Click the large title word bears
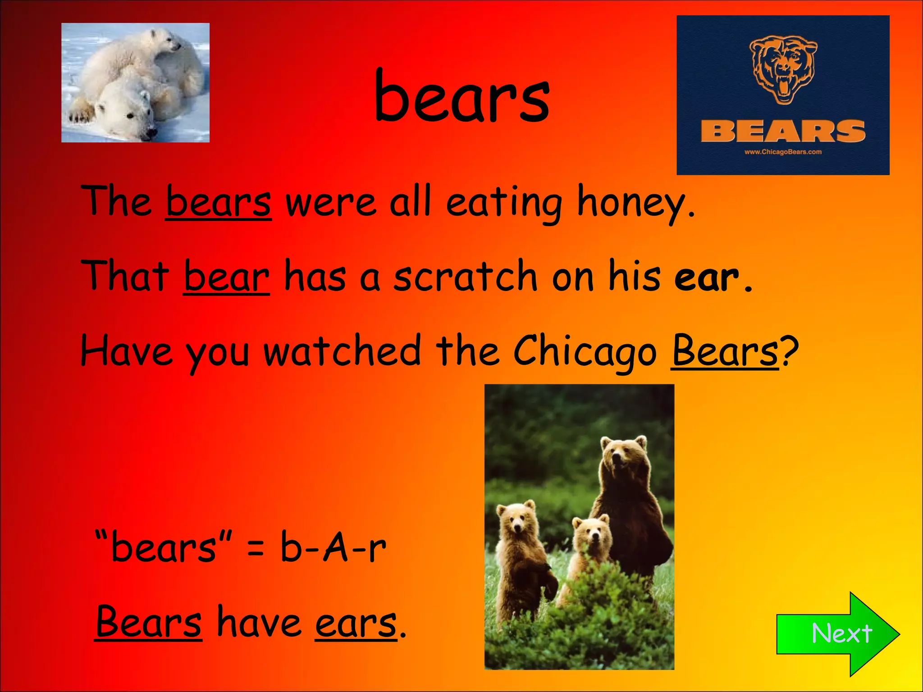tap(462, 97)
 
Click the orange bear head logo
tap(783, 70)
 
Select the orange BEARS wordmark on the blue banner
tap(783, 131)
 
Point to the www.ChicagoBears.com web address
tap(783, 152)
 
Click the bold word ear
tap(706, 277)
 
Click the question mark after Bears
tap(790, 351)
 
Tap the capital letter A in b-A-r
tap(336, 548)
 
